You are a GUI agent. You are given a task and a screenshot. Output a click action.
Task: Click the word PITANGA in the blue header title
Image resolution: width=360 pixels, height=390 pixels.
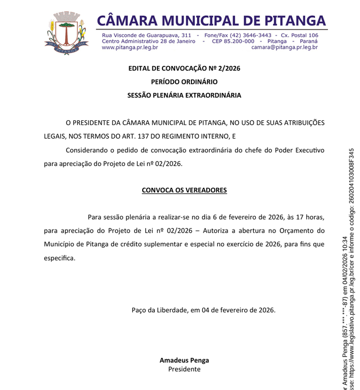[295, 20]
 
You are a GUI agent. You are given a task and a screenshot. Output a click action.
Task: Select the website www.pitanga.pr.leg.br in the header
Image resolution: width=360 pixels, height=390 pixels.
[129, 47]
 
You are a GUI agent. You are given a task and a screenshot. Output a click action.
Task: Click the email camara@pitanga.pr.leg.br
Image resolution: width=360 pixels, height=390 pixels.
[284, 47]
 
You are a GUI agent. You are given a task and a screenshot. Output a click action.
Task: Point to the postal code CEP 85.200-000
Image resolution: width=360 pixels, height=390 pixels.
[233, 41]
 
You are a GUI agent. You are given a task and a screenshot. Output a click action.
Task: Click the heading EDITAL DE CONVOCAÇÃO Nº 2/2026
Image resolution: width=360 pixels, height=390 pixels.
[184, 69]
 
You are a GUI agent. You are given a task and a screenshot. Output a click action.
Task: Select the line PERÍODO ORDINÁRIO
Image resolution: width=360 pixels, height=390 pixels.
[184, 82]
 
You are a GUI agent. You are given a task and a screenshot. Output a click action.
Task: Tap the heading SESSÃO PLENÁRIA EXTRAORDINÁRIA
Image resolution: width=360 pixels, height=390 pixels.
[184, 95]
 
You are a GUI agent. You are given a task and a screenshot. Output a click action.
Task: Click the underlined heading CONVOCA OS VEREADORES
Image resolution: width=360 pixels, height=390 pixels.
[184, 190]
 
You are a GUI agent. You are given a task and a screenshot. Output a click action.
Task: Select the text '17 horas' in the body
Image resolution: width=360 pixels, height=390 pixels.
[310, 217]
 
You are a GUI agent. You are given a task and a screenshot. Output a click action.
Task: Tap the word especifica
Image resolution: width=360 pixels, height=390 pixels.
[59, 258]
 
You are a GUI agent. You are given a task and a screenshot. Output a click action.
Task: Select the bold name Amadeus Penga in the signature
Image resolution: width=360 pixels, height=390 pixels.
[184, 360]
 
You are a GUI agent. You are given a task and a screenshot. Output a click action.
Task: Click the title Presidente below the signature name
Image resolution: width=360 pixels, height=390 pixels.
[184, 369]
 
